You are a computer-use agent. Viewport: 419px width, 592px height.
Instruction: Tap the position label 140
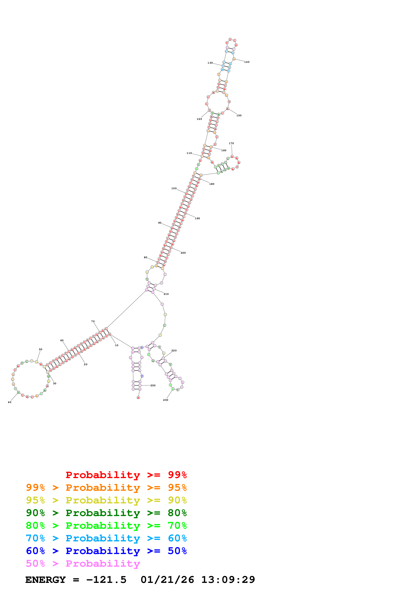coord(247,62)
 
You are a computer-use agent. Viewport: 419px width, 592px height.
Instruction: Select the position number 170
coord(231,143)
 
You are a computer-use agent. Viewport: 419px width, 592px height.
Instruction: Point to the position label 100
coord(174,189)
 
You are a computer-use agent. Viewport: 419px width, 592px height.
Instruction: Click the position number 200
coord(183,253)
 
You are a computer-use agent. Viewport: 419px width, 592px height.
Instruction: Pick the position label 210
coord(166,294)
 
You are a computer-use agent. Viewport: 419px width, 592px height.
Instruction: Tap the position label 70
coord(93,321)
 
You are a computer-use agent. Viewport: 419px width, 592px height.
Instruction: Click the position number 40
coord(10,402)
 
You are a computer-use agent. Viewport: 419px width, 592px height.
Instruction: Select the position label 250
coord(153,385)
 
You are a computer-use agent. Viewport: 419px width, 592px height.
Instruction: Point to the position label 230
coord(165,400)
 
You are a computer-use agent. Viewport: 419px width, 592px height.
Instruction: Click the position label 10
coord(116,345)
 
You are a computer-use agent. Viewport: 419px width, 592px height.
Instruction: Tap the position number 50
coord(41,349)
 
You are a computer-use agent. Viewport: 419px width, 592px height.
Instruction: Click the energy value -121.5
coord(106,580)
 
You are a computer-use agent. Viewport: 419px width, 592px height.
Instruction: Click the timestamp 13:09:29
coord(228,580)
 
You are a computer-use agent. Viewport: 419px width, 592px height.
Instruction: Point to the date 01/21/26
coord(167,580)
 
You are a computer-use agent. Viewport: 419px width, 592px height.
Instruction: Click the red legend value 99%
coord(177,475)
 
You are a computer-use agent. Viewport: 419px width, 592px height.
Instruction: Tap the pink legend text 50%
coord(35,564)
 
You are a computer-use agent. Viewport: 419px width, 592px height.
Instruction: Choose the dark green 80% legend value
coord(177,513)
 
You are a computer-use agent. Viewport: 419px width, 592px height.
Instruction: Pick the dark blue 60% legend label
coord(35,551)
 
